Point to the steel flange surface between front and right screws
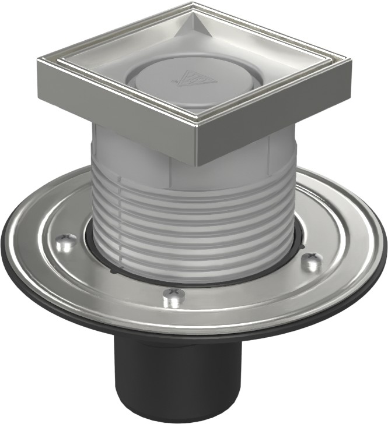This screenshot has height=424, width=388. pyautogui.click(x=251, y=291)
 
